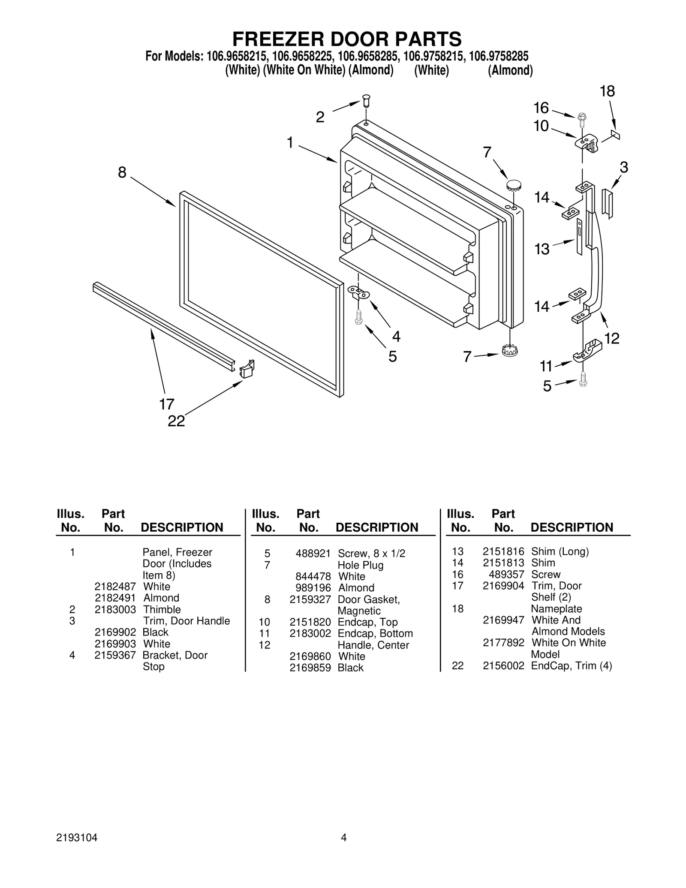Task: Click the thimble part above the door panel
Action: pyautogui.click(x=366, y=101)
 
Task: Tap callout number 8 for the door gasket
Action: pyautogui.click(x=122, y=173)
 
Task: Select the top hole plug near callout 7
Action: pyautogui.click(x=513, y=186)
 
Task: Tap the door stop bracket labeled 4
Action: pyautogui.click(x=358, y=293)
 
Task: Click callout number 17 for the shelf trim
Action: pyautogui.click(x=167, y=404)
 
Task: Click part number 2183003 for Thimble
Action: pyautogui.click(x=115, y=609)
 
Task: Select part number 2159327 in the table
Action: pyautogui.click(x=310, y=599)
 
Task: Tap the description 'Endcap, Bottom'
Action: pyautogui.click(x=375, y=633)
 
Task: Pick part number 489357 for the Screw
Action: pyautogui.click(x=506, y=574)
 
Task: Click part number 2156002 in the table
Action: pyautogui.click(x=503, y=666)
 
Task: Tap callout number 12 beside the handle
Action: pyautogui.click(x=612, y=338)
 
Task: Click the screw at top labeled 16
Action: pyautogui.click(x=582, y=117)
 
